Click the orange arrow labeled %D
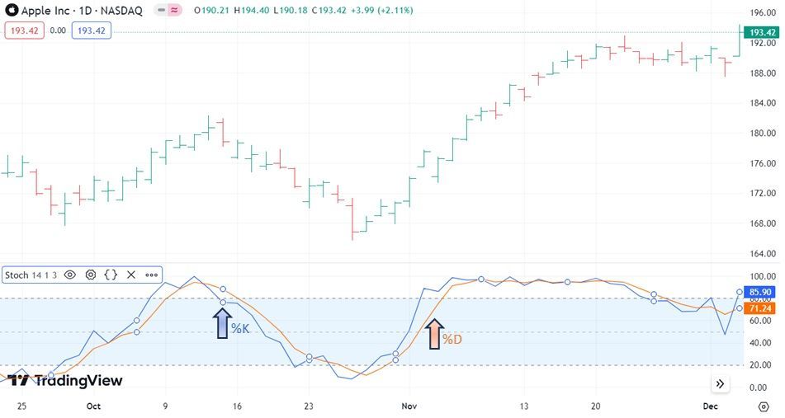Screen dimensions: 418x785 (434, 335)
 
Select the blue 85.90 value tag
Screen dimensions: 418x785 (760, 292)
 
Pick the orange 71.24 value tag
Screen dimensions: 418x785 (760, 308)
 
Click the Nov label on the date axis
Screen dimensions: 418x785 (409, 406)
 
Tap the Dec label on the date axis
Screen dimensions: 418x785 (711, 406)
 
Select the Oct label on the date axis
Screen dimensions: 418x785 (93, 406)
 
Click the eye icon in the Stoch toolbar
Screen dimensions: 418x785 (70, 275)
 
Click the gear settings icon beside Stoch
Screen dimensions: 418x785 (91, 275)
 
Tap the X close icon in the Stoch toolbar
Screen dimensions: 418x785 (130, 275)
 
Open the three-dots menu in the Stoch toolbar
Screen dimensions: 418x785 (151, 275)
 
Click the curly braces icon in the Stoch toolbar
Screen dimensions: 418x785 (111, 275)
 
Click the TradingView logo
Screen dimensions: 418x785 (65, 380)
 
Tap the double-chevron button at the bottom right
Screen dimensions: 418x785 (721, 384)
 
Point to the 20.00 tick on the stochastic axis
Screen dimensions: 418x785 (760, 365)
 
